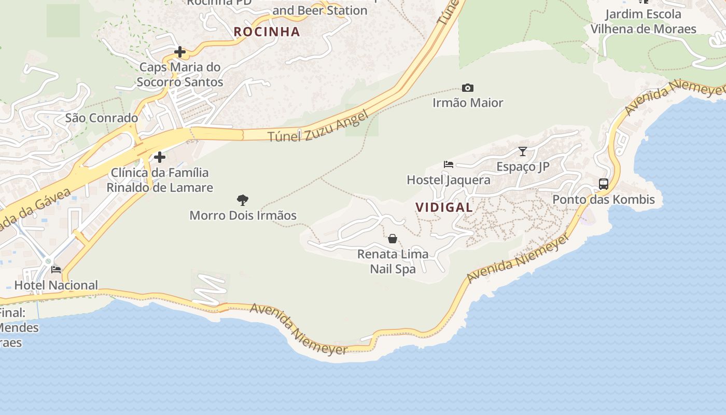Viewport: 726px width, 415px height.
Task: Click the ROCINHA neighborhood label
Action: (267, 32)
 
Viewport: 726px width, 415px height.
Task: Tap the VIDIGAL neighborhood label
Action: (444, 208)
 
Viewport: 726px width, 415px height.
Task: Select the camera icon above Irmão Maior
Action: (467, 88)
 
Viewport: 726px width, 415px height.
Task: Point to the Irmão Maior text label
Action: (468, 103)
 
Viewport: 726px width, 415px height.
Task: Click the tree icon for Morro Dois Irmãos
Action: (242, 200)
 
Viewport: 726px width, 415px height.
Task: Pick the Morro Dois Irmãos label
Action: (243, 215)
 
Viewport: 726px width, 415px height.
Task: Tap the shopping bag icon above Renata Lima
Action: (393, 239)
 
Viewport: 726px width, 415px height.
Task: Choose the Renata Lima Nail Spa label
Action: (393, 261)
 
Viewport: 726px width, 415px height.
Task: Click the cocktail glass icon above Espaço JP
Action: (523, 151)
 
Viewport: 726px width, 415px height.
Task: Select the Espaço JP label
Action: (523, 167)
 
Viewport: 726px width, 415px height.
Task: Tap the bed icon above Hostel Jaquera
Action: (449, 164)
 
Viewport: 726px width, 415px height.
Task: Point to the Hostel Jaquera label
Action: (449, 180)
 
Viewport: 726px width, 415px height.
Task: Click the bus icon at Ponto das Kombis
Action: (604, 184)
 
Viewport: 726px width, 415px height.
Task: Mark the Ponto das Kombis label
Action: (604, 199)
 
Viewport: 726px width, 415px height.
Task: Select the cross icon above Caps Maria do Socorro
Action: (180, 52)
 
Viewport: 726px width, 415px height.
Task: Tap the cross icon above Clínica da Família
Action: (160, 157)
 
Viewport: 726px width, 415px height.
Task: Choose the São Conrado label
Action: (102, 118)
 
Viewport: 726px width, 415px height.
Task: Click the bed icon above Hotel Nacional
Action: (56, 270)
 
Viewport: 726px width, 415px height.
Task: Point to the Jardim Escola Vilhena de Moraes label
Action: (643, 21)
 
